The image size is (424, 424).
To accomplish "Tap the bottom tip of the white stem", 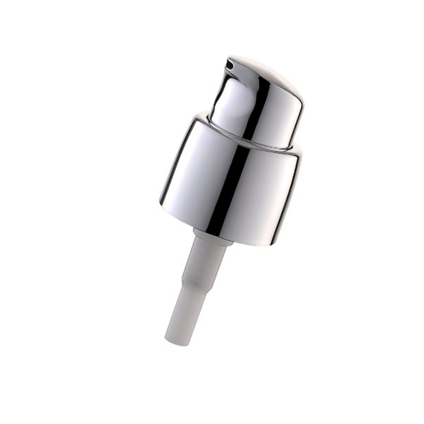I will point(174,339).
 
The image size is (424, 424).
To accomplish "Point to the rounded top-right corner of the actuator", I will point(296,99).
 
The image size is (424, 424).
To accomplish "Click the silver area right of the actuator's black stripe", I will point(282,119).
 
